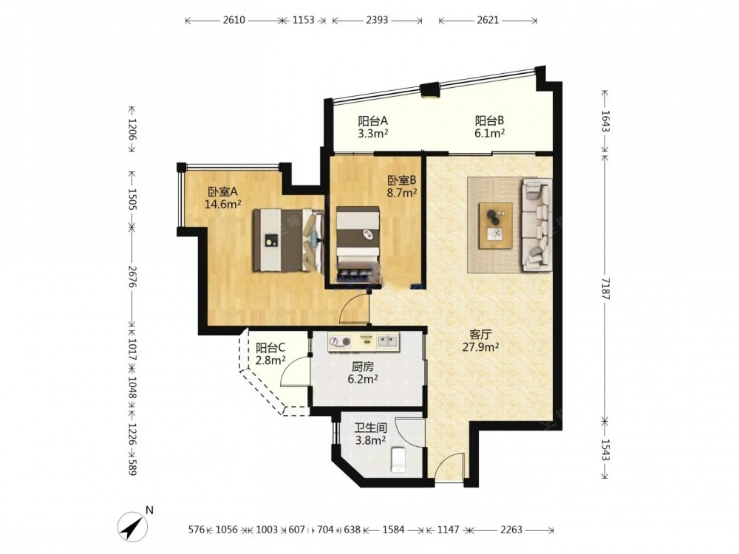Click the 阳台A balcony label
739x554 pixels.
(372, 127)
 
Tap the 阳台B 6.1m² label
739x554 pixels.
(490, 127)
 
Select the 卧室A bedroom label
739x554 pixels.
(223, 198)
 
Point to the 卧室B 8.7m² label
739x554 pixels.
(402, 186)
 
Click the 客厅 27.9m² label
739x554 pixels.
(481, 341)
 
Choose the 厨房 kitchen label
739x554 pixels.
(362, 372)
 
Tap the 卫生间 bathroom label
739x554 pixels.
(370, 434)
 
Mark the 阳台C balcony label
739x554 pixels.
(270, 355)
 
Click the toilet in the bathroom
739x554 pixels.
(399, 459)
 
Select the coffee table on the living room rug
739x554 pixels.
(496, 225)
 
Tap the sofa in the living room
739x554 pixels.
(536, 225)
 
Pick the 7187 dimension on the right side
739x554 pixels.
(606, 289)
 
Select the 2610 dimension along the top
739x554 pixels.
(234, 20)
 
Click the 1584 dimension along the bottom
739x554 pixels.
(393, 530)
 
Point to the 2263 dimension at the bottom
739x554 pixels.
(511, 530)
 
